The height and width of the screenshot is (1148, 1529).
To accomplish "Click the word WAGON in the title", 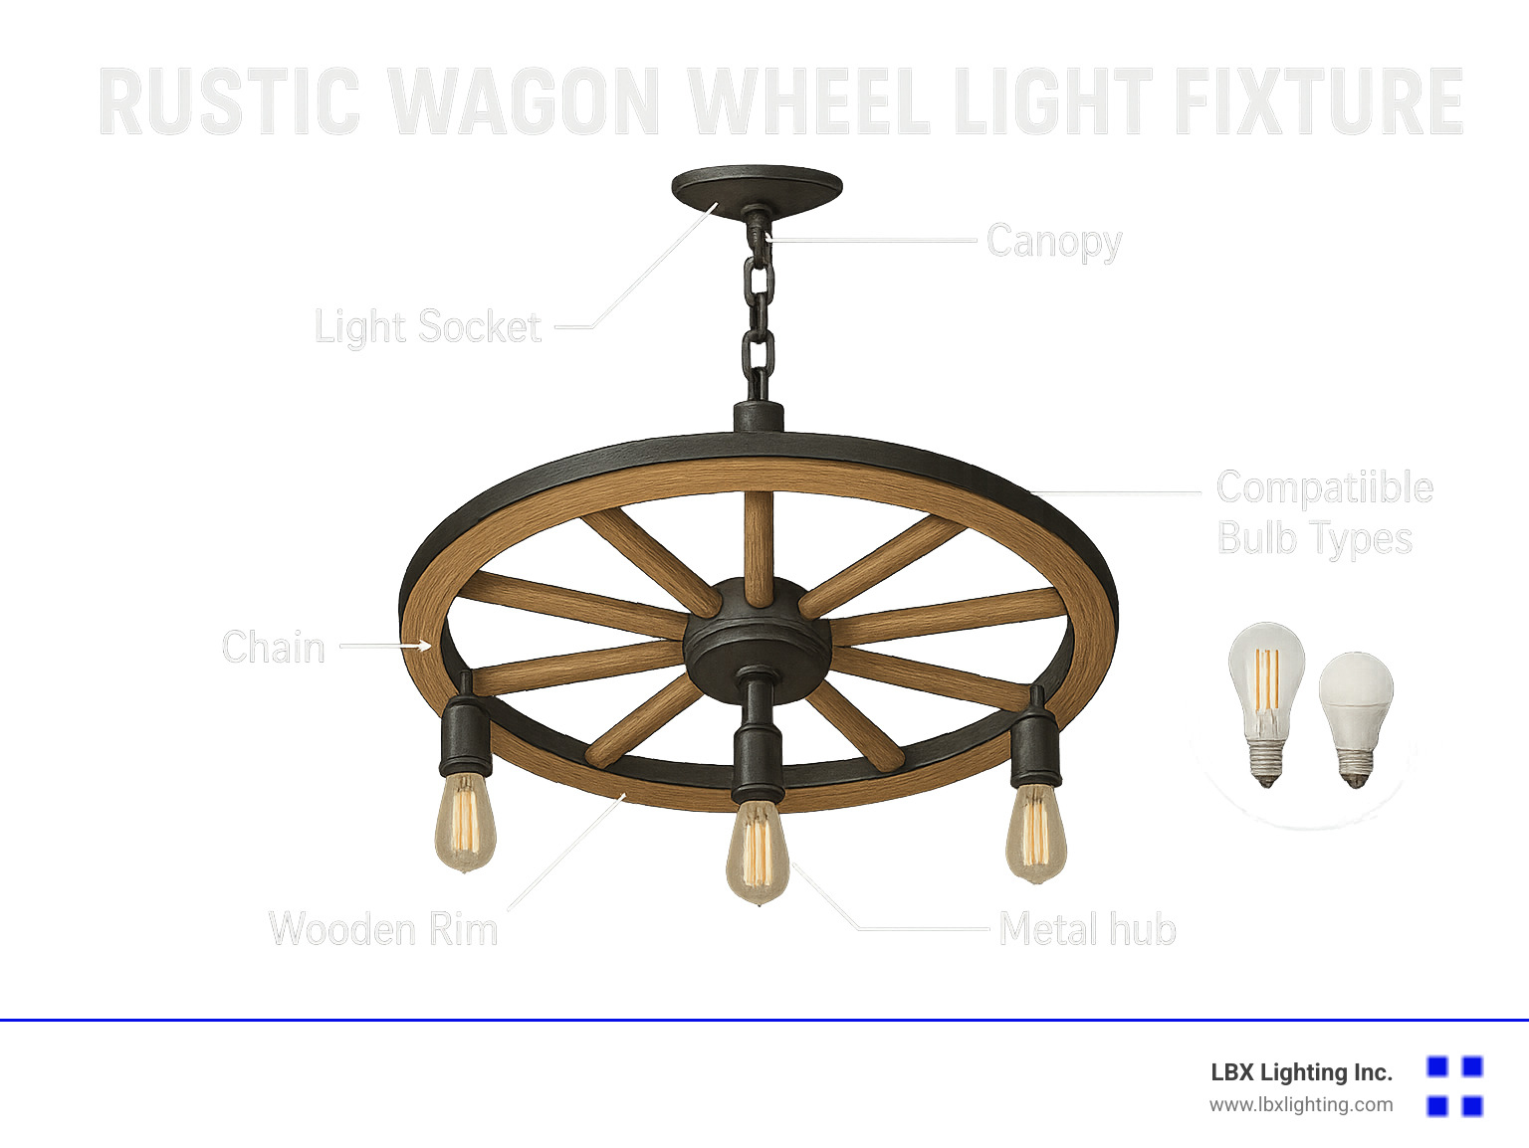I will [524, 101].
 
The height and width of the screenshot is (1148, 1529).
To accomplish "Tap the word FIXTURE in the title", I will [1318, 101].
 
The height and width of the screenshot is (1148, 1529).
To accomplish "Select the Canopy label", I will [1054, 242].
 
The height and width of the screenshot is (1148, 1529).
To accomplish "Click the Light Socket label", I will [428, 327].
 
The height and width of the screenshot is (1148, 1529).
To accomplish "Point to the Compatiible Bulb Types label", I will [1324, 513].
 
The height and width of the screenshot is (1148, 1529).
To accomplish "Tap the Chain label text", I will [274, 648].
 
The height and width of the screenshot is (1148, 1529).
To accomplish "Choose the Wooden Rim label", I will [383, 929].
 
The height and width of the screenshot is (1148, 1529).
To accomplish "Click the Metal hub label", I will [1087, 929].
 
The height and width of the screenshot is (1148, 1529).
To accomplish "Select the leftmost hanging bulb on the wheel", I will [465, 822].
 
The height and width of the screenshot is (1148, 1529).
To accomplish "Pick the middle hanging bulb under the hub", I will [757, 851].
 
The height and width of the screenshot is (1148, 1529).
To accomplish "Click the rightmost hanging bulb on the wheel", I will [1035, 832].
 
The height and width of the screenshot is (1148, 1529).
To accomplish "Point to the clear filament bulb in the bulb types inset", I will [1266, 696].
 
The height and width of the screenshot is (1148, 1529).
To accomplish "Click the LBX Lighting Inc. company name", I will [1301, 1072].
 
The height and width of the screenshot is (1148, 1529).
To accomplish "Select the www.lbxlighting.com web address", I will [1301, 1104].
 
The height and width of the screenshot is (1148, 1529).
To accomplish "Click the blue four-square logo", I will [1454, 1086].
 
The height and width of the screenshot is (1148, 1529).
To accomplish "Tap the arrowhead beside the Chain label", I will [425, 647].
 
